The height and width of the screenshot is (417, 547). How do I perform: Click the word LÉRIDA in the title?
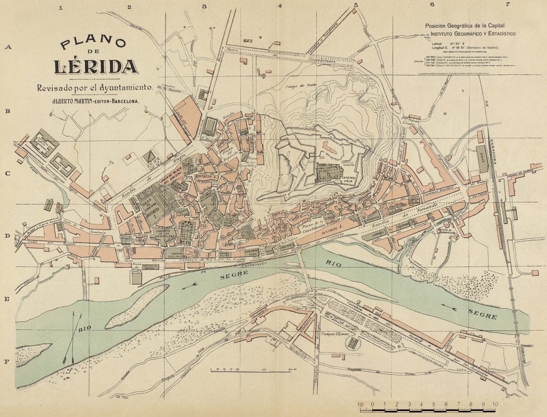tap(96, 67)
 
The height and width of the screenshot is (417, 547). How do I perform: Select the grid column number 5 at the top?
tap(355, 5)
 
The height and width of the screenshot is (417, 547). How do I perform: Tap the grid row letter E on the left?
tap(7, 300)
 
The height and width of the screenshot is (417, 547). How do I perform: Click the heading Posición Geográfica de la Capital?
tap(466, 26)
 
